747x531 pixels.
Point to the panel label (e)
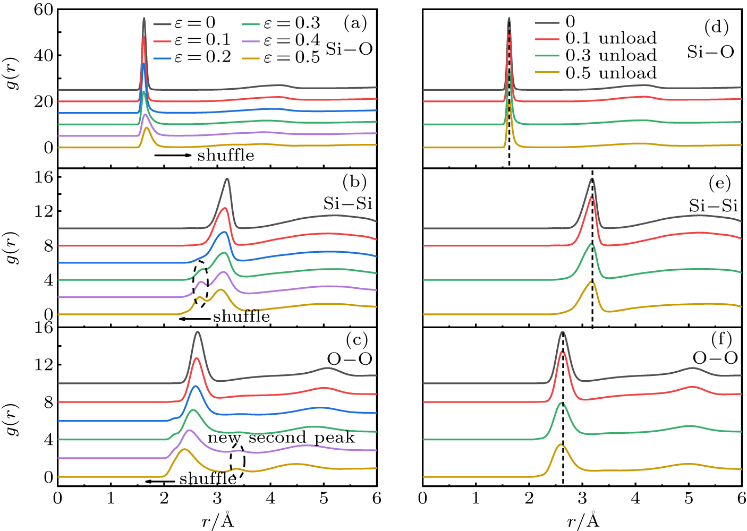719,184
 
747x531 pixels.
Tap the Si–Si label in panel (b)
348,204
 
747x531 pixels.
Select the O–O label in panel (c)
350,359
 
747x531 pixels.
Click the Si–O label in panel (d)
710,52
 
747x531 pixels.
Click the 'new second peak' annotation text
281,438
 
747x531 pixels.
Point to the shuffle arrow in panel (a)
173,155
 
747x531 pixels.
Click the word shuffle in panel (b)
241,317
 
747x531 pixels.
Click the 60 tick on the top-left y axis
44,10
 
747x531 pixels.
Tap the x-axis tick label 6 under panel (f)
741,499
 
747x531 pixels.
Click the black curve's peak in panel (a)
143,19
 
